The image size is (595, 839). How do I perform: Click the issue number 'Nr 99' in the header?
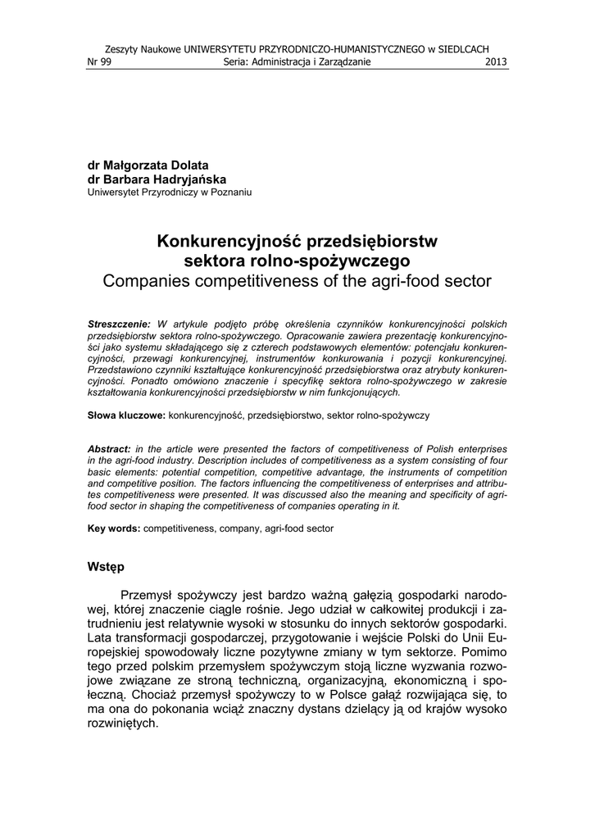(x=98, y=61)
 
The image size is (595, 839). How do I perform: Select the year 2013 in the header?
(x=497, y=61)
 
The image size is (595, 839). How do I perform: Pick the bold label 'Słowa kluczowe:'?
(x=126, y=416)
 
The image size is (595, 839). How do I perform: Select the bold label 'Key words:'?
(x=114, y=529)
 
